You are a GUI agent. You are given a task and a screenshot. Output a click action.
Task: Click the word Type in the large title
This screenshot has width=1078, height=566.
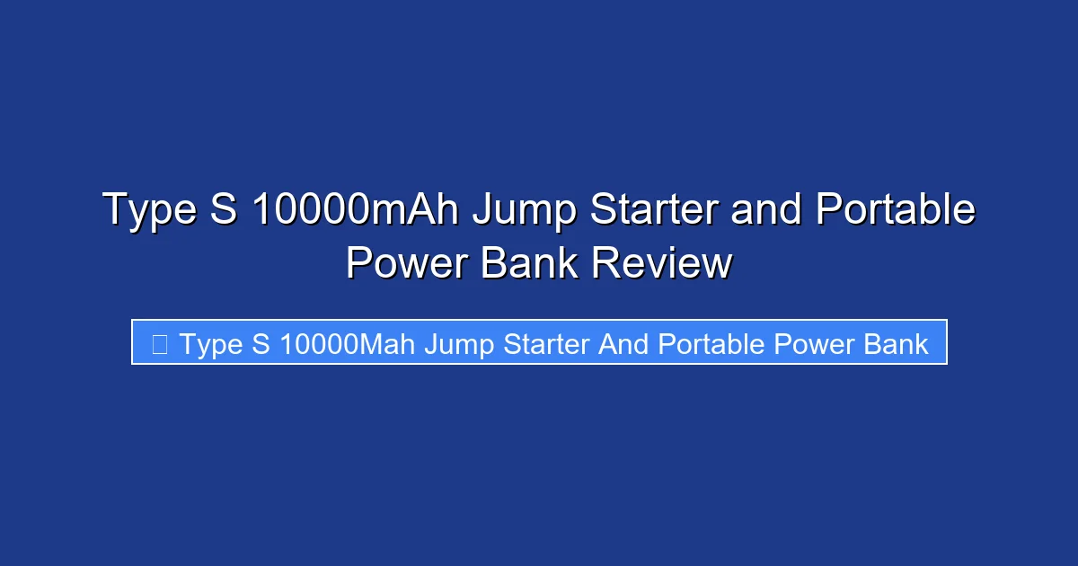click(146, 211)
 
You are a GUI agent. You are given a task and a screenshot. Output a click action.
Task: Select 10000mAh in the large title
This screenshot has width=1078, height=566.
click(356, 209)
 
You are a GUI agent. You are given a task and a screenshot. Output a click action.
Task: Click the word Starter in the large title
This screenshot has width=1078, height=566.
click(654, 209)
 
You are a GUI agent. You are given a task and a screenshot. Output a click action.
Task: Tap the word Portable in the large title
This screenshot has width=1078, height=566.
click(896, 209)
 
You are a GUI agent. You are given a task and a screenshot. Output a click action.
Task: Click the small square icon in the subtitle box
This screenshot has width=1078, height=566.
click(160, 343)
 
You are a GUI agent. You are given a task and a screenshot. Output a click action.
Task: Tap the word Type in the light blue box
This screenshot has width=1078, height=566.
click(211, 344)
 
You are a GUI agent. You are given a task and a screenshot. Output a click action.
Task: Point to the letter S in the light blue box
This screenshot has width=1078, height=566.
click(261, 343)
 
